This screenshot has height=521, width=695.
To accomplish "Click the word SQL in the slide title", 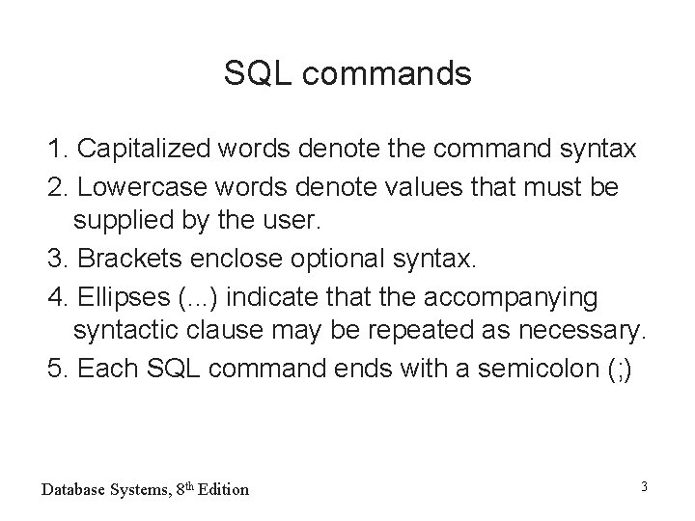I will point(253,73).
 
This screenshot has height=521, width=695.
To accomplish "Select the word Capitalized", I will point(146,151).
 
